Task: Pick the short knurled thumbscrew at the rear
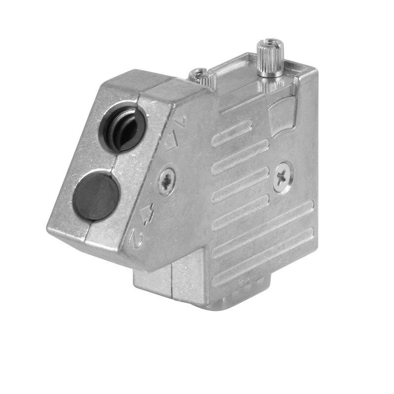[x=199, y=75]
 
